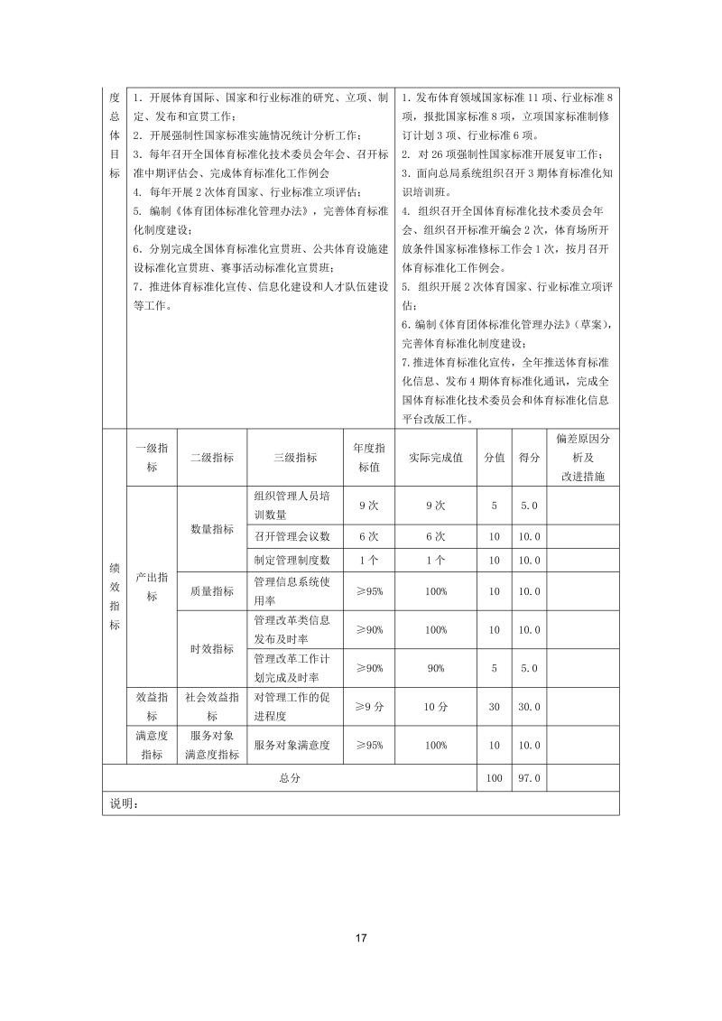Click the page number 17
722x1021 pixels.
(x=361, y=937)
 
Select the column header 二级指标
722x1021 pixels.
(x=212, y=458)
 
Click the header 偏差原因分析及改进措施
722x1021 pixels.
(x=584, y=458)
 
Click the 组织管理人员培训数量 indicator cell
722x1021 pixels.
(x=293, y=506)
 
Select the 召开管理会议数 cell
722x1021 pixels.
(x=293, y=536)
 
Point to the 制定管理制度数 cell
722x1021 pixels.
(x=293, y=560)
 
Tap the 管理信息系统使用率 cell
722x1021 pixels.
(x=293, y=591)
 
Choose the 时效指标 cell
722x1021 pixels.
(x=212, y=649)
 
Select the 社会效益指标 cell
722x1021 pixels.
(x=212, y=707)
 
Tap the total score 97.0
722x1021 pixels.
(x=529, y=777)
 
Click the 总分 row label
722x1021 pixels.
(x=290, y=777)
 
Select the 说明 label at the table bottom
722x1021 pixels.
(x=122, y=803)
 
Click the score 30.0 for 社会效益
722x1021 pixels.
(x=529, y=707)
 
